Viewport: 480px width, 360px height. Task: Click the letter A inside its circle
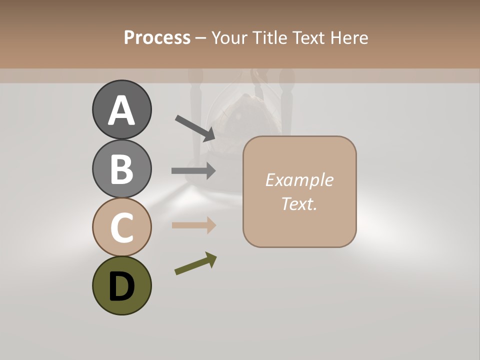(x=121, y=110)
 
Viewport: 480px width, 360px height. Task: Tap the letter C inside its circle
(x=121, y=227)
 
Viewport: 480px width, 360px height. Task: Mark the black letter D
(x=121, y=286)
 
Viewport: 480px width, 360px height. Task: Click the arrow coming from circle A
(x=195, y=127)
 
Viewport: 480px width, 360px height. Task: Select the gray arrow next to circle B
(x=193, y=170)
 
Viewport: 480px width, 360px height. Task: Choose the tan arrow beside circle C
(x=193, y=225)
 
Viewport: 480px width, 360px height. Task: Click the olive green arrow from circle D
(x=195, y=263)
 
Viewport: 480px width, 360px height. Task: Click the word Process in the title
(x=157, y=38)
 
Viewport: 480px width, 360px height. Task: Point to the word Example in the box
(x=299, y=180)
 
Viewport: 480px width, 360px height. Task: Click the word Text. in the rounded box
(x=299, y=203)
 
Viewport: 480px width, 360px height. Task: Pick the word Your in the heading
(x=229, y=38)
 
